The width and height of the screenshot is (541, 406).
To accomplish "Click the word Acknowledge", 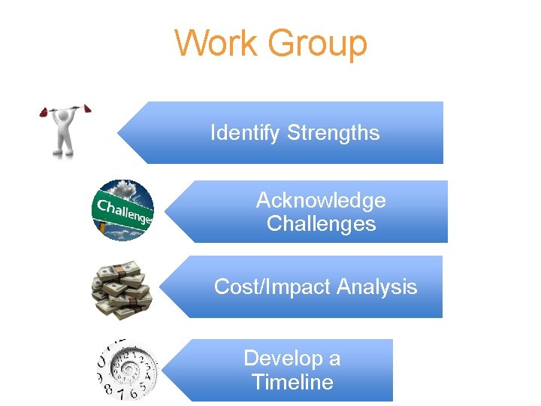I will (321, 200).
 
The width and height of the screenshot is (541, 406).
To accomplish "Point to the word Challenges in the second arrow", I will (321, 224).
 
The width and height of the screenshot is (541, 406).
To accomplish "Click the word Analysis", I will (377, 286).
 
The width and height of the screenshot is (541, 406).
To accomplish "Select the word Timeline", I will (292, 382).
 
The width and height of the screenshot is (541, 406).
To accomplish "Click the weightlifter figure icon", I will (66, 131).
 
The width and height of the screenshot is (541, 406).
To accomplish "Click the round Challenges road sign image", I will (122, 210).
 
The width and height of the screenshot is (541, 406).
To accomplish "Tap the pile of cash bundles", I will (121, 289).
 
